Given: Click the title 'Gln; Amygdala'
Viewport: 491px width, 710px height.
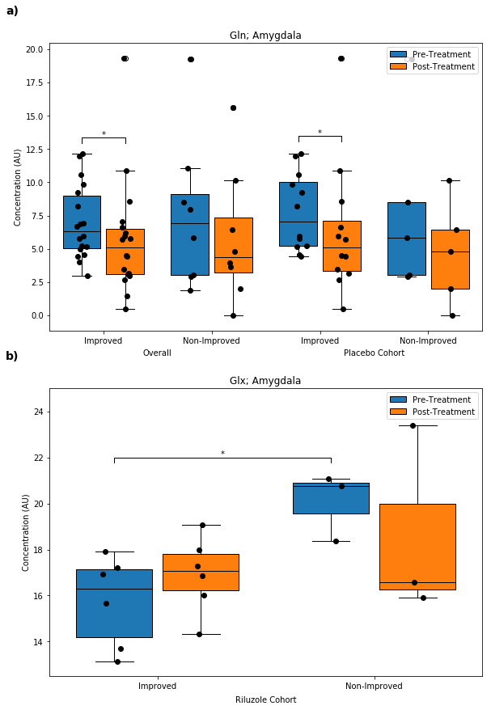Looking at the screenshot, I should coord(265,36).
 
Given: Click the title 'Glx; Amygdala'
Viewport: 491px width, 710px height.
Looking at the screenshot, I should coord(265,381).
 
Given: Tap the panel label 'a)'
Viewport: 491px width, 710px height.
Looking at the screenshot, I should coord(12,11).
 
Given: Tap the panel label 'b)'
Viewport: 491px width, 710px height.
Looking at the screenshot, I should coord(12,356).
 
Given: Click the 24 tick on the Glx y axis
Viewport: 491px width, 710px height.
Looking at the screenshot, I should coord(37,412).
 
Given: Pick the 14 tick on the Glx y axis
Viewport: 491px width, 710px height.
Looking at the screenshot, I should coord(37,642).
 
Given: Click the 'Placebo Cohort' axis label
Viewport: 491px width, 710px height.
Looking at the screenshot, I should coord(374,353).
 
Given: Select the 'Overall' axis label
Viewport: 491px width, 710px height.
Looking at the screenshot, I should coord(157,353).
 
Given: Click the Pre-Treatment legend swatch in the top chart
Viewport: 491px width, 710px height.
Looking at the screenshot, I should coord(398,54).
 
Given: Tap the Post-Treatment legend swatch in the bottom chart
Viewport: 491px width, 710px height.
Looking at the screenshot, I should coord(398,412).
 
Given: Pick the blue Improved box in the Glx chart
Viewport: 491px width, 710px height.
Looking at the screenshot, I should coord(114,603).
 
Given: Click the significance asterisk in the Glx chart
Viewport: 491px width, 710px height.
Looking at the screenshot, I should coord(222,454).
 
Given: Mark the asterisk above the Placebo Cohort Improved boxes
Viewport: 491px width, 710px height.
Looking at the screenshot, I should coord(320,133).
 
